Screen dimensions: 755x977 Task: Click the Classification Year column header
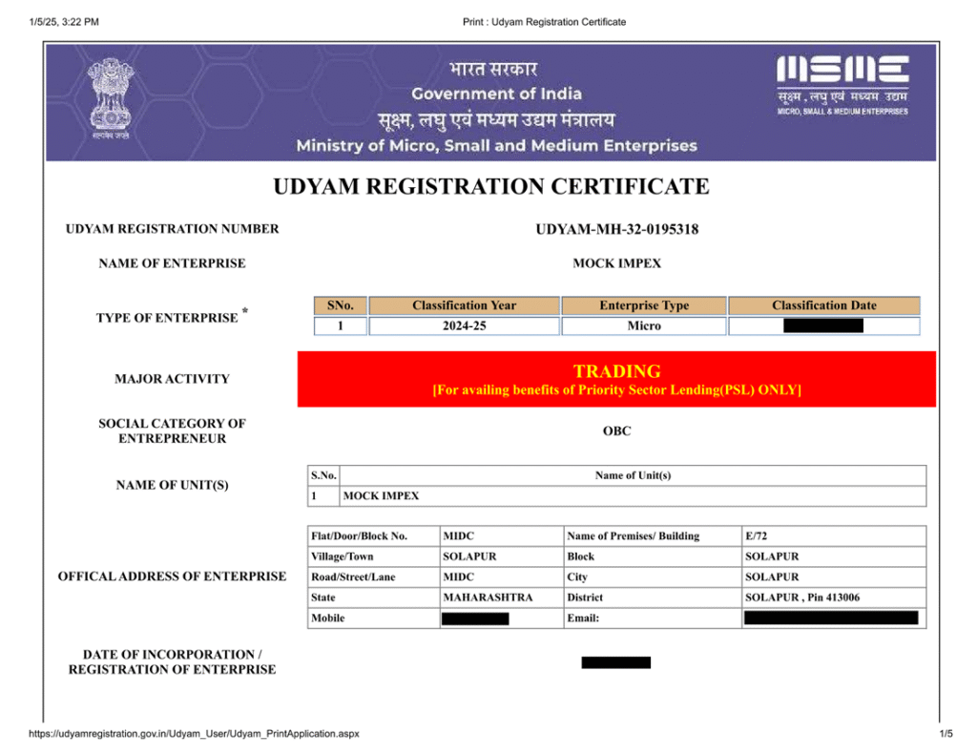click(x=464, y=305)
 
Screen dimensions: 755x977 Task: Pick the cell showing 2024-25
click(x=464, y=326)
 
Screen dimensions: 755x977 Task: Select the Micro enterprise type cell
click(x=644, y=326)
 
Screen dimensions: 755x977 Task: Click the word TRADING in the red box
click(x=616, y=371)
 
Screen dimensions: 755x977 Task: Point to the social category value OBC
click(x=616, y=431)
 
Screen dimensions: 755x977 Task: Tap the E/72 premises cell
click(x=757, y=536)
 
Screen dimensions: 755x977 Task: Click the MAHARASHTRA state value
click(x=488, y=598)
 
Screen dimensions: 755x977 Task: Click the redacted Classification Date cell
click(x=823, y=326)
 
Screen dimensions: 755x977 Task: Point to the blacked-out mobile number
click(x=475, y=619)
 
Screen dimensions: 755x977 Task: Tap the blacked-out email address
click(x=830, y=619)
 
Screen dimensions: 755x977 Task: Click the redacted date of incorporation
click(x=616, y=662)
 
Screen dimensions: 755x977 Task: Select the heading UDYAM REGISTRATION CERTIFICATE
click(x=491, y=186)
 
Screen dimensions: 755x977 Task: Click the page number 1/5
click(x=946, y=733)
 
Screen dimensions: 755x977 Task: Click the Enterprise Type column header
click(x=644, y=305)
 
